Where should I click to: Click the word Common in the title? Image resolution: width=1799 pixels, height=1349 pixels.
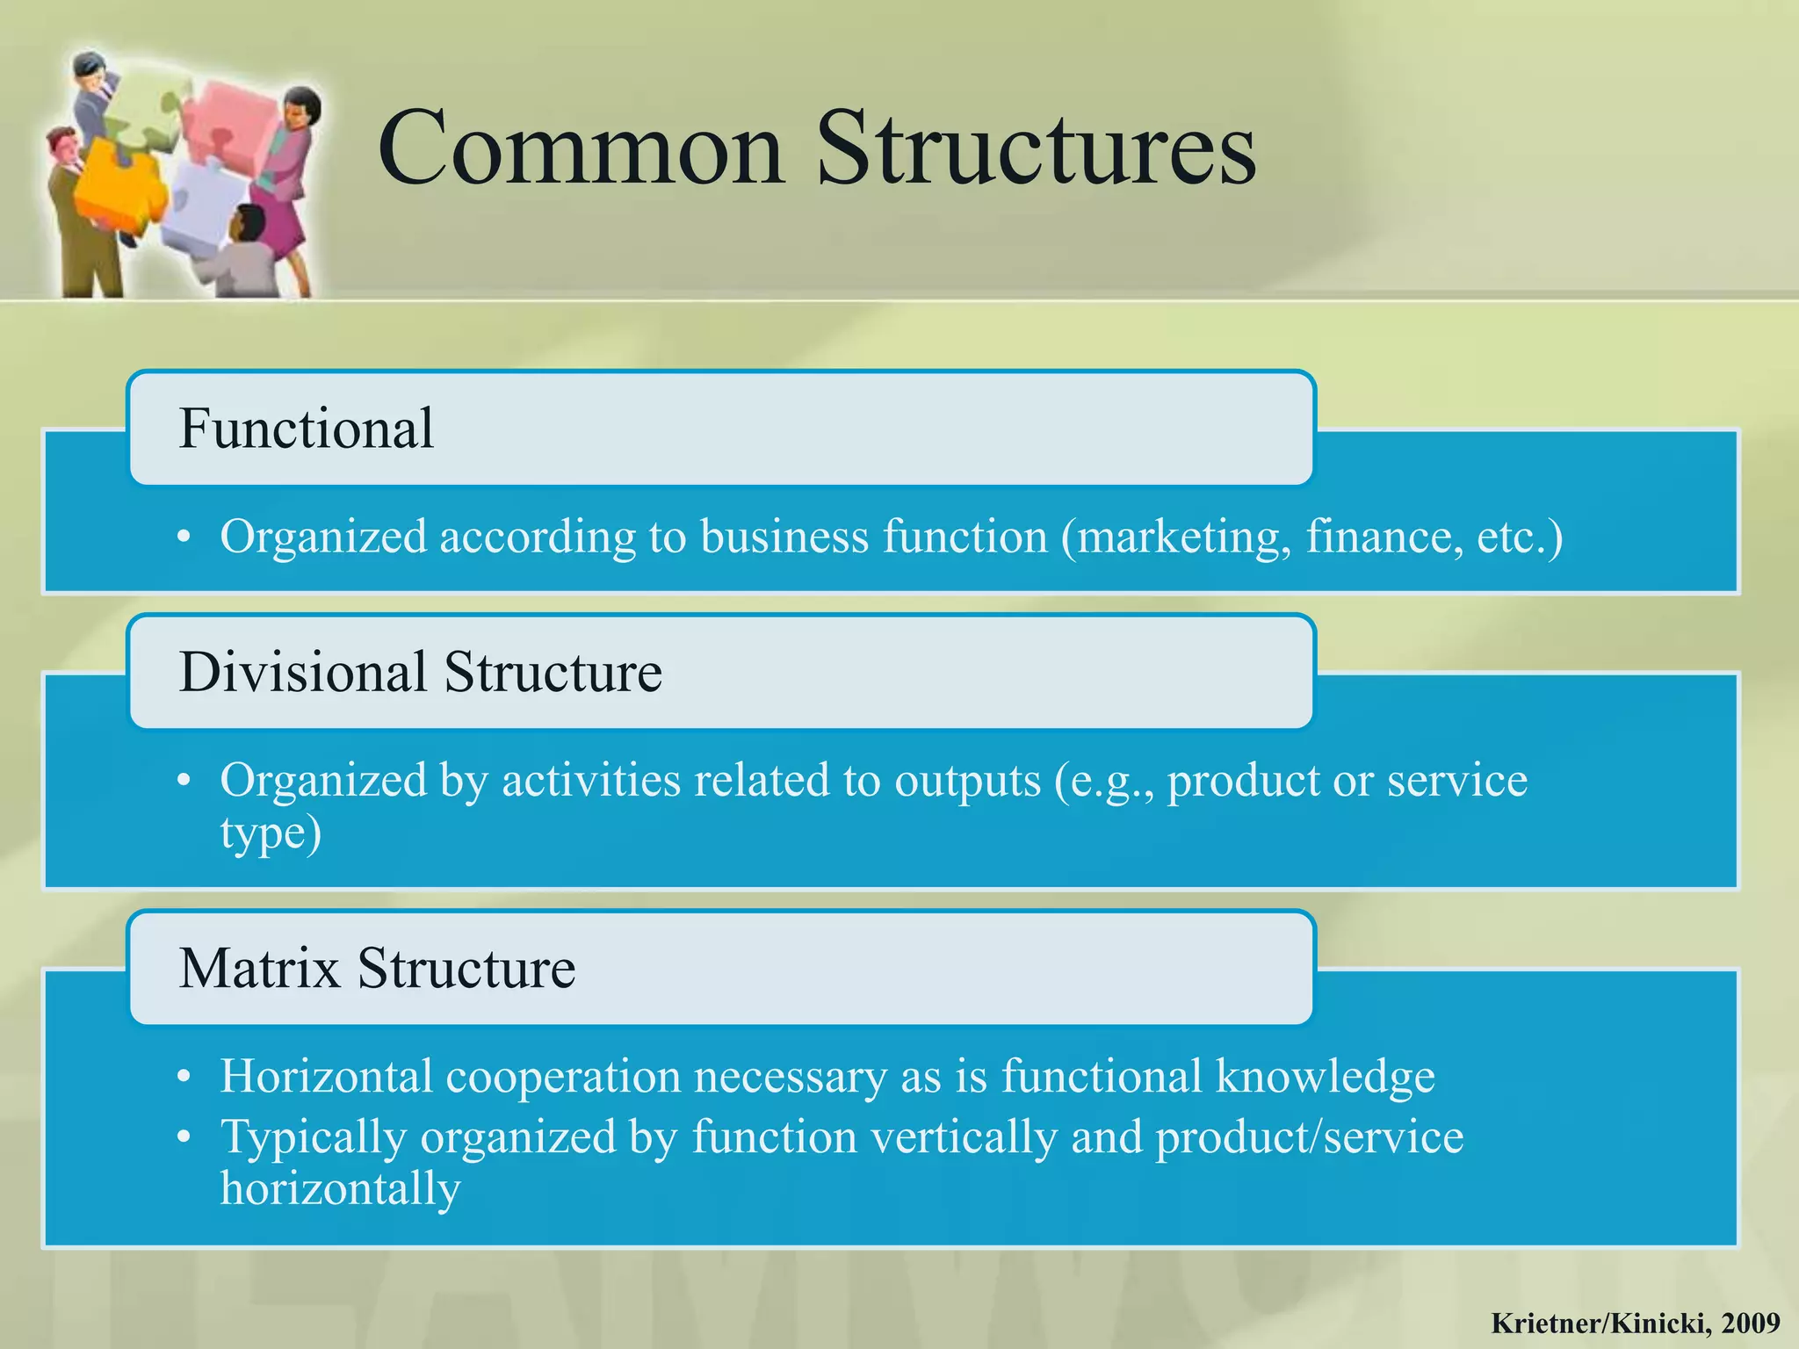[580, 149]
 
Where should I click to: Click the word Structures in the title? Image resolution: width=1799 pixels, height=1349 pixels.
[1037, 149]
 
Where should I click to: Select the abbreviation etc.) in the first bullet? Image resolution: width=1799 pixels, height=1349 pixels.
[1520, 537]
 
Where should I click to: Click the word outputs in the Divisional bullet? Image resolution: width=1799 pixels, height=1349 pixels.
[967, 781]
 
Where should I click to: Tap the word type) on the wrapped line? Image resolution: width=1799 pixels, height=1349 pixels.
[271, 834]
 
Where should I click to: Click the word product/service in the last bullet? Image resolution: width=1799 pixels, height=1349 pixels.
[1309, 1137]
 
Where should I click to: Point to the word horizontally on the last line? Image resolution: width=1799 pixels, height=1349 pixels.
[340, 1189]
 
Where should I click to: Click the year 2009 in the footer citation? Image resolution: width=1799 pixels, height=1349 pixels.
[1751, 1323]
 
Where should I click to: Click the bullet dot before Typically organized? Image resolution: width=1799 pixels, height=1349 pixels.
[183, 1137]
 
